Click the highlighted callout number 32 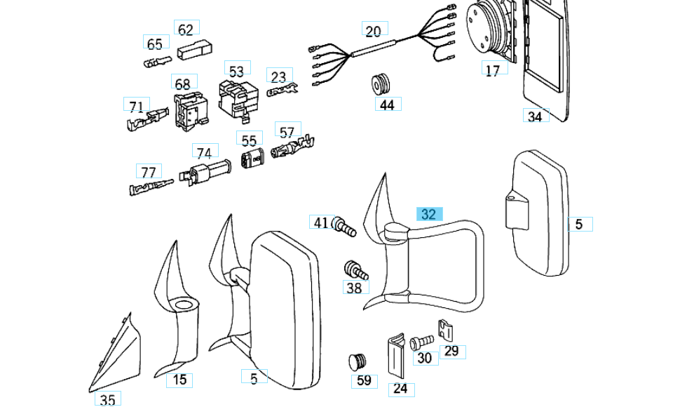tap(428, 214)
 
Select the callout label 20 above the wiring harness tap(373, 30)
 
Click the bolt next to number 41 tap(345, 227)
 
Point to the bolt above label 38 tap(356, 270)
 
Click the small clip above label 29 tap(446, 329)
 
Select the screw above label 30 tap(421, 342)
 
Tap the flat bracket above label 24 tap(397, 356)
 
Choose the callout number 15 tap(180, 380)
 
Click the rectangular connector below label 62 tap(192, 51)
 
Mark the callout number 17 tap(493, 70)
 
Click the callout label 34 tap(535, 116)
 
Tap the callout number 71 tap(136, 107)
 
